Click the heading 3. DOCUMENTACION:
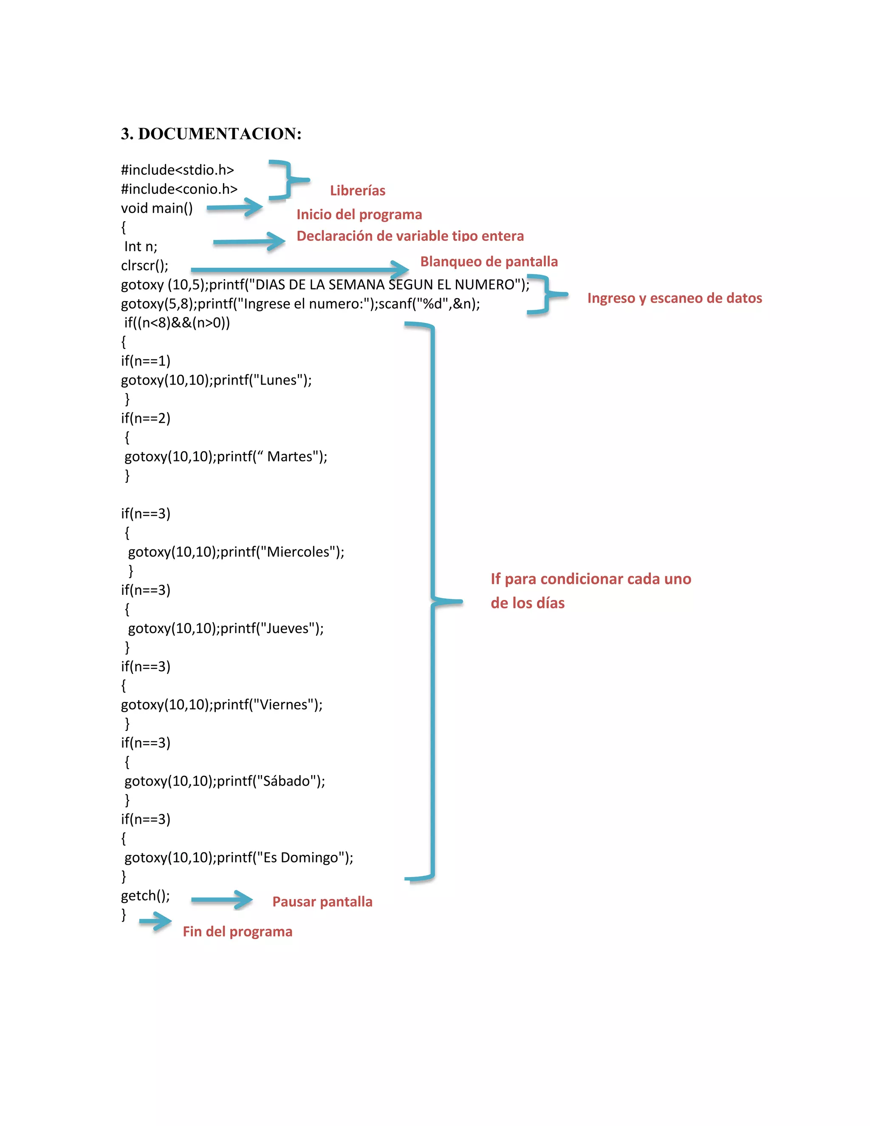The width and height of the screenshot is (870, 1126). tap(211, 133)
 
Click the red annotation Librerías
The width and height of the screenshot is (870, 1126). tap(357, 191)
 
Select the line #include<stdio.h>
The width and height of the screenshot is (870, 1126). tap(177, 170)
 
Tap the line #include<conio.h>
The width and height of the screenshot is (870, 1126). tap(179, 189)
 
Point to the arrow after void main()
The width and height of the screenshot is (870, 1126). tap(234, 208)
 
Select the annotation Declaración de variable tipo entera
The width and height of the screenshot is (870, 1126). tap(410, 236)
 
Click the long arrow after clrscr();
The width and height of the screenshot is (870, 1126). tap(299, 269)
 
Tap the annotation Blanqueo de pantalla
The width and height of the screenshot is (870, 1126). tap(489, 261)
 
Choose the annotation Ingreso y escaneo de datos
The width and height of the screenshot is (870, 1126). tap(674, 298)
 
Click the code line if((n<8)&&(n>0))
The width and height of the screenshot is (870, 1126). tap(177, 323)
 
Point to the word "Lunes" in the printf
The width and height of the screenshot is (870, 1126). tap(278, 380)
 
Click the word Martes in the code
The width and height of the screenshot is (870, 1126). tap(289, 456)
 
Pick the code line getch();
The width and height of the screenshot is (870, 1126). tap(145, 896)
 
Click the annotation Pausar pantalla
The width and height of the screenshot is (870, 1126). tap(322, 902)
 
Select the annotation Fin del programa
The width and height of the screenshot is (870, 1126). tap(237, 932)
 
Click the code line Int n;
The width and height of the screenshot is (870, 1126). tap(140, 246)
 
